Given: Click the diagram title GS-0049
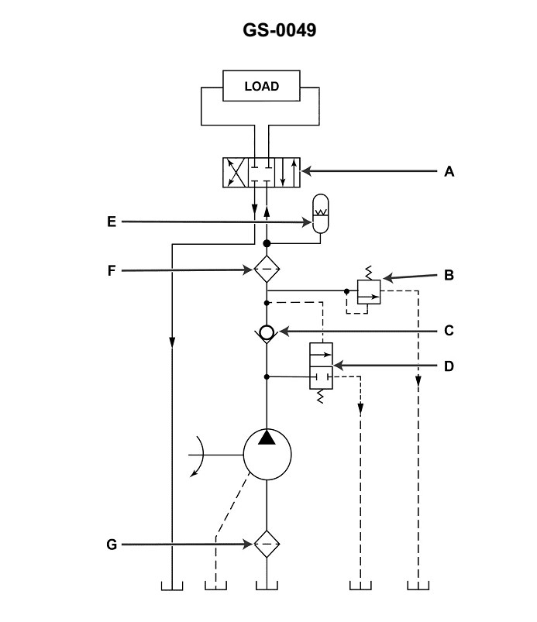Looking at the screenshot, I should click(269, 30).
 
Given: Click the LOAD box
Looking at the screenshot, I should click(261, 86).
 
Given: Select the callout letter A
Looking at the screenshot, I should click(449, 172).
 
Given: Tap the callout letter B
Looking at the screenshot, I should click(449, 274).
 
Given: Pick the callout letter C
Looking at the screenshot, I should click(449, 331).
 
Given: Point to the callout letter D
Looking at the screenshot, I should click(449, 365).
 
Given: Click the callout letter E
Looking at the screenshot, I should click(112, 222).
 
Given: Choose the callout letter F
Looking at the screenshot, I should click(112, 270).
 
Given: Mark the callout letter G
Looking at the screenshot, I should click(112, 545).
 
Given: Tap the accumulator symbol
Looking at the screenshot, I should click(319, 213).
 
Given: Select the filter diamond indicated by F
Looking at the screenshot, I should click(267, 270).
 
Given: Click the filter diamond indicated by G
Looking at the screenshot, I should click(267, 545).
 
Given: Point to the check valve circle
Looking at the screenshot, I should click(267, 332).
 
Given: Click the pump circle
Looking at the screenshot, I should click(267, 455).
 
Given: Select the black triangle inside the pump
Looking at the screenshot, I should click(267, 438).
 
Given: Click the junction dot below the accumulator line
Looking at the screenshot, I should click(267, 243).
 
